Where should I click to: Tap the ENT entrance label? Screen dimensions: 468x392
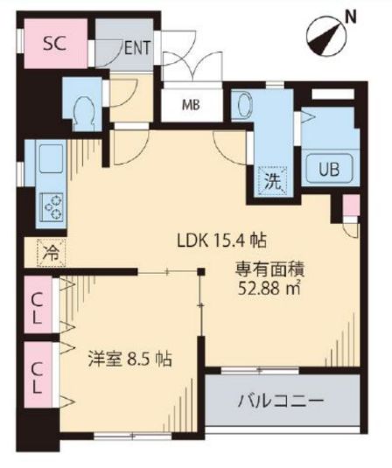coord(136,48)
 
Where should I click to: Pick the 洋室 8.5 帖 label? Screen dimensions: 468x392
coord(129,359)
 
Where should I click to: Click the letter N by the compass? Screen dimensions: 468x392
coord(350,15)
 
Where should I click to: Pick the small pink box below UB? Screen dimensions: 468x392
coord(350,207)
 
